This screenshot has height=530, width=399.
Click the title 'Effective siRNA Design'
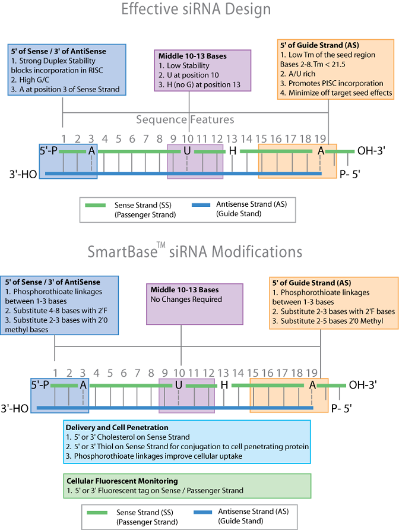196,10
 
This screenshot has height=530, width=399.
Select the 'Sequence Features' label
185,119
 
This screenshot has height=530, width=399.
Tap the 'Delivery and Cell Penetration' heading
117,427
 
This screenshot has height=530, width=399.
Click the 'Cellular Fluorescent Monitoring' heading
122,481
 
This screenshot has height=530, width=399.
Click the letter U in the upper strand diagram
187,151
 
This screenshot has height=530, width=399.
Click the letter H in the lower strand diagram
224,384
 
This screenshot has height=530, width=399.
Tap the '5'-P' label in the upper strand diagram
49,151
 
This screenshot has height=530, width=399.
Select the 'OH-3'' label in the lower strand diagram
363,384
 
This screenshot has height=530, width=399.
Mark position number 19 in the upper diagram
320,139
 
